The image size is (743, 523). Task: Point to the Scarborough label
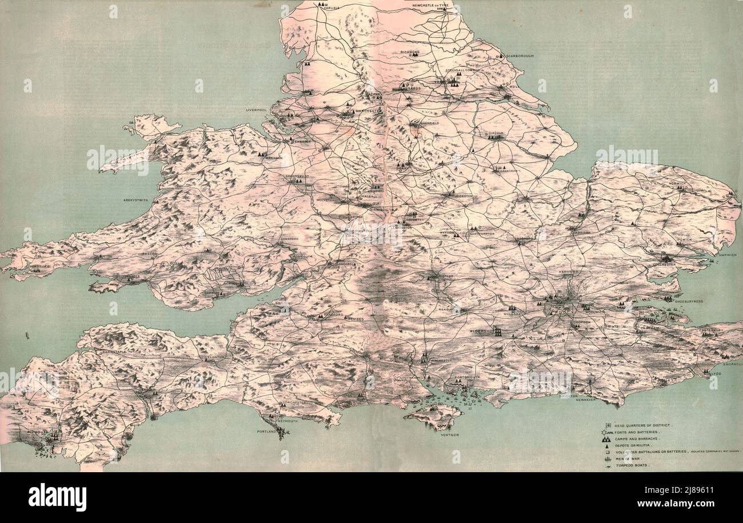click(x=520, y=56)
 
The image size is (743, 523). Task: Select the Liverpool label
click(x=257, y=110)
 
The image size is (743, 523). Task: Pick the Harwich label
click(x=728, y=255)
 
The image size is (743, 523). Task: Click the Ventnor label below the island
click(x=450, y=435)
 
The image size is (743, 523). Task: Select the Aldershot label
click(x=480, y=331)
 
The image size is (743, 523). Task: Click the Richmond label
click(x=410, y=52)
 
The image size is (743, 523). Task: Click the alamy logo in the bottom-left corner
click(x=57, y=497)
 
